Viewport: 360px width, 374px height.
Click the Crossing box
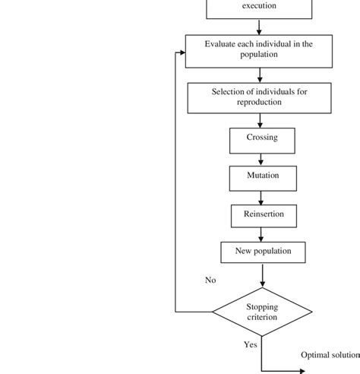(x=261, y=140)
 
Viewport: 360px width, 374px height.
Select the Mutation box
(x=261, y=177)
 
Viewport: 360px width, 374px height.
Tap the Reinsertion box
(x=261, y=215)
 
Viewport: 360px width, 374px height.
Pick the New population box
(x=261, y=252)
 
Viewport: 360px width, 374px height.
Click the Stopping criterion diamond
(x=261, y=312)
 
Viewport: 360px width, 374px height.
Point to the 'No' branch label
(x=210, y=280)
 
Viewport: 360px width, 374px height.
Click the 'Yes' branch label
(x=250, y=345)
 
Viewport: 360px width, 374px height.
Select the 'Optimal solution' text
(x=330, y=355)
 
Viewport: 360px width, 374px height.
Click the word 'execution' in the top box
(x=259, y=6)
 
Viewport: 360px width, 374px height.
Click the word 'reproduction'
(x=259, y=102)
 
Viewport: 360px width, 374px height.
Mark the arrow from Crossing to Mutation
(x=261, y=159)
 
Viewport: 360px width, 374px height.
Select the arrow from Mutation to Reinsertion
(x=261, y=196)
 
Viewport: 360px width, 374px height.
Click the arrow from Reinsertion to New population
(x=261, y=234)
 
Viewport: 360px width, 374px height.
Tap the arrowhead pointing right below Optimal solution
(x=301, y=372)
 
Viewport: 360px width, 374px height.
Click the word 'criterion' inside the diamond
(x=261, y=318)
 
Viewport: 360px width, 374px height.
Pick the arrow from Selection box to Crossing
(x=261, y=120)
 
